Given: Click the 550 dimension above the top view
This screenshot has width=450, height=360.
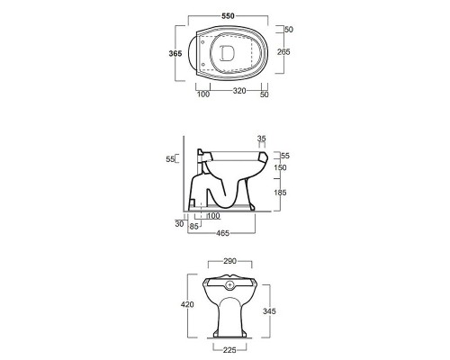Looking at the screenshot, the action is (228, 16).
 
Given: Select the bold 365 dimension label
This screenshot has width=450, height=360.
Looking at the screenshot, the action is (175, 53).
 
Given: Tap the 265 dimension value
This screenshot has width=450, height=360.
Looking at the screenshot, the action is (283, 52).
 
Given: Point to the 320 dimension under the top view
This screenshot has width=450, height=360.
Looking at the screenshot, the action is (239, 91).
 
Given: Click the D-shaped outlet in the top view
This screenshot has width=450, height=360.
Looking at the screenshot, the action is (227, 53).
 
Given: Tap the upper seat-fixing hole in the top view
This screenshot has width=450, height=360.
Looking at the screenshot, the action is (202, 42).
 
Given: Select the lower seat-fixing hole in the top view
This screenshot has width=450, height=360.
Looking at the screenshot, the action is (202, 64).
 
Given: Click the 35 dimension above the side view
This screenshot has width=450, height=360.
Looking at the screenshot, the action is (262, 139).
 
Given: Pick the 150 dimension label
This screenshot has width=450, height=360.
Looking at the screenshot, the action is (280, 167).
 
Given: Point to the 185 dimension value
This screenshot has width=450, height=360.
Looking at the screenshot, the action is (280, 193).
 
